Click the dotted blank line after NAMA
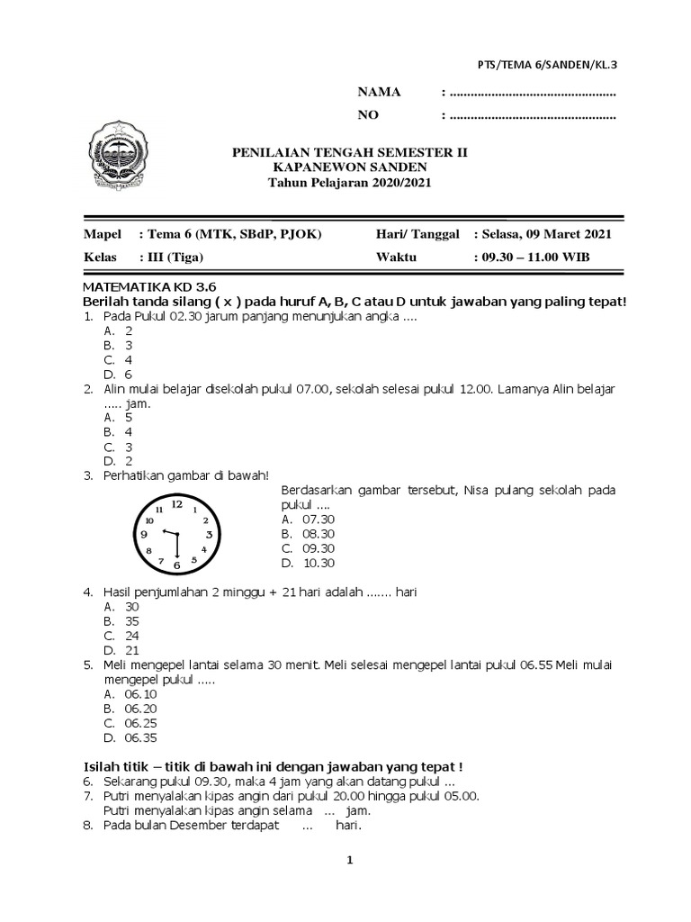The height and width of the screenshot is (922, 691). click(x=532, y=94)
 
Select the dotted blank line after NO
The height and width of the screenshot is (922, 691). click(x=532, y=115)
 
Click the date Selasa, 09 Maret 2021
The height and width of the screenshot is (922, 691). click(x=545, y=234)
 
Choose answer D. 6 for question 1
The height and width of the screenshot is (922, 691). click(x=119, y=374)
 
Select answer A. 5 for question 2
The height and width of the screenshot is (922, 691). click(x=119, y=418)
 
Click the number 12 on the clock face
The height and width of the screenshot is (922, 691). click(x=176, y=504)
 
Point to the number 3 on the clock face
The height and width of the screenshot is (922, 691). click(x=209, y=535)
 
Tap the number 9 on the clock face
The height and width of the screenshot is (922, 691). click(x=144, y=535)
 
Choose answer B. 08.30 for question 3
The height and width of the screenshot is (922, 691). click(x=308, y=533)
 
